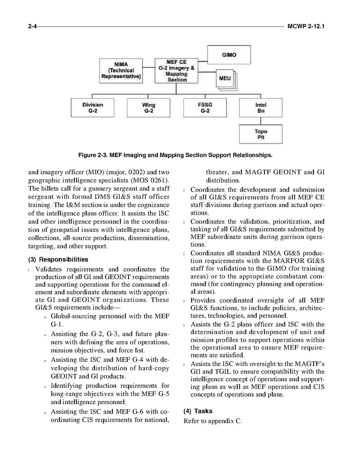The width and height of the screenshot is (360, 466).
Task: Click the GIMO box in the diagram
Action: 229,55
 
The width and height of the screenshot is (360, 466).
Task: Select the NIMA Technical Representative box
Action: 121,70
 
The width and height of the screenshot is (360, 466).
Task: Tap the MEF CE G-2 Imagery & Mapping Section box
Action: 177,70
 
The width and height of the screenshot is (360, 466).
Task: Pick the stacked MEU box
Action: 225,79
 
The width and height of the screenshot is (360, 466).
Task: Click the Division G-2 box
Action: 93,108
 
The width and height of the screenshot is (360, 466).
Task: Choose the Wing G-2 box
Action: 149,108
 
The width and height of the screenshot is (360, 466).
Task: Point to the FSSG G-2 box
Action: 204,108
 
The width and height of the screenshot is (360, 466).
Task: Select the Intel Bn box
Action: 260,108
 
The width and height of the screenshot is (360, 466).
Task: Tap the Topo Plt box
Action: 260,134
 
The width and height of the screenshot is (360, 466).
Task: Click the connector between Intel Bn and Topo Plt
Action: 260,121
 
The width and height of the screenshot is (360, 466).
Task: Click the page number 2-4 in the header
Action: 33,26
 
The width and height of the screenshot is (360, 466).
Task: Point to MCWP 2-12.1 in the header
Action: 306,26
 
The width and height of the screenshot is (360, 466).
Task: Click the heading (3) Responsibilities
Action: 58,259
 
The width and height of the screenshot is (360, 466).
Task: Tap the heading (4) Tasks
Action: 198,411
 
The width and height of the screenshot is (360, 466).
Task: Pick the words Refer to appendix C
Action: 213,420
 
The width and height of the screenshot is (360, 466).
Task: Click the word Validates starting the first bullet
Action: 50,269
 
